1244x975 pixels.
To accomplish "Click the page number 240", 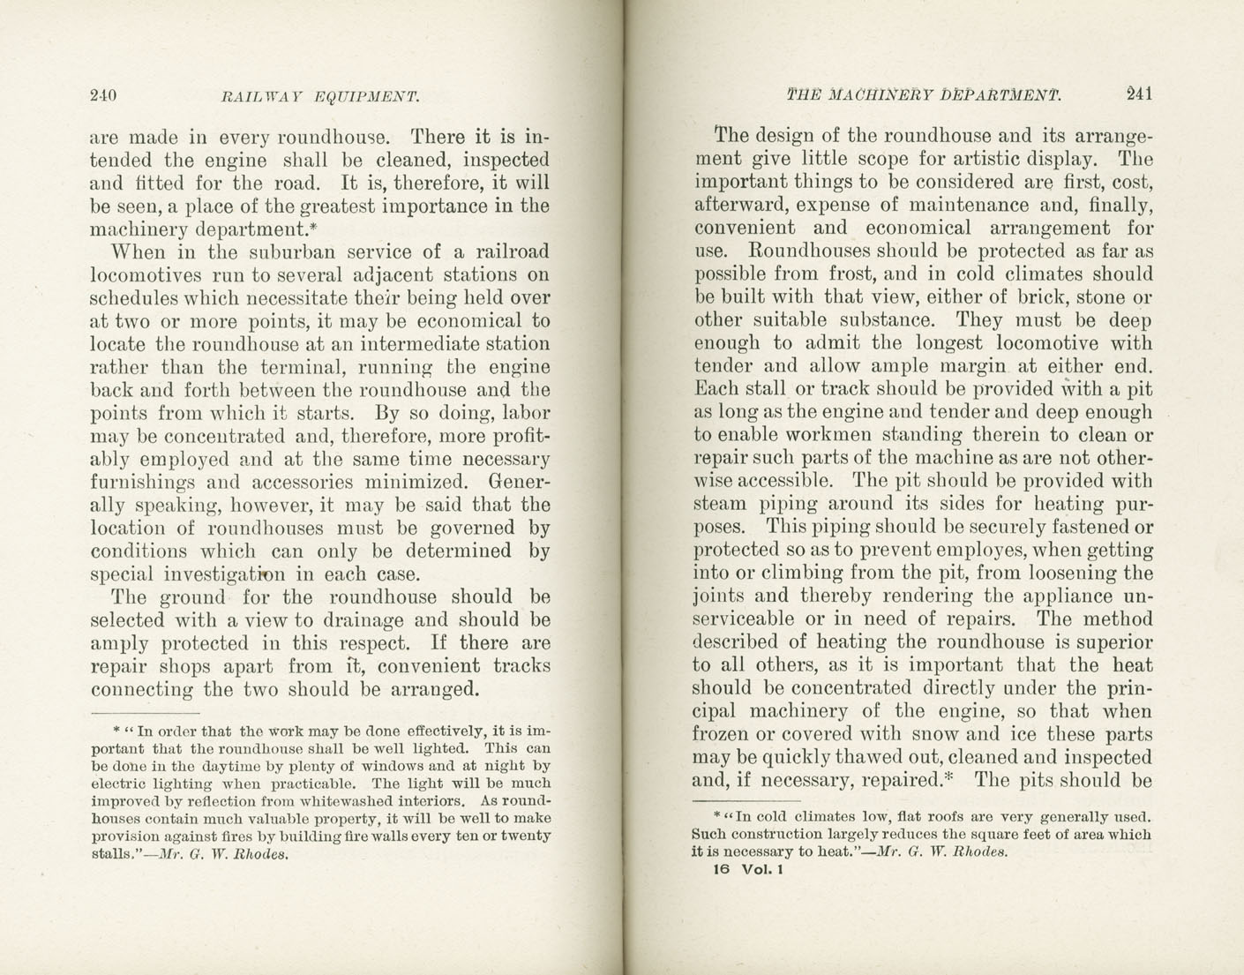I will [x=104, y=96].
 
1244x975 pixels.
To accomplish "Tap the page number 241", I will [x=1139, y=94].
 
